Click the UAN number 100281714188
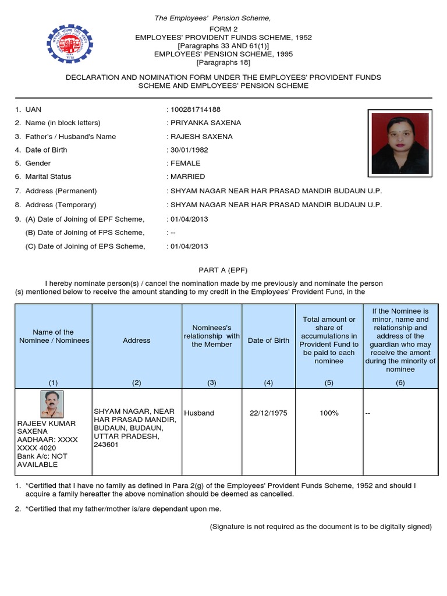pyautogui.click(x=195, y=109)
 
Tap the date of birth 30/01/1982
pyautogui.click(x=189, y=150)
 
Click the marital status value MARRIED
pyautogui.click(x=187, y=177)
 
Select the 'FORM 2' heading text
pyautogui.click(x=223, y=29)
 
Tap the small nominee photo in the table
pyautogui.click(x=52, y=405)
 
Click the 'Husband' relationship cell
pyautogui.click(x=199, y=413)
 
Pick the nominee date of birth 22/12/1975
pyautogui.click(x=268, y=413)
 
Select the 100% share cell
pyautogui.click(x=329, y=413)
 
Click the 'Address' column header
pyautogui.click(x=137, y=340)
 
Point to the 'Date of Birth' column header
pyautogui.click(x=268, y=340)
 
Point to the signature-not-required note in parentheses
pyautogui.click(x=320, y=527)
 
